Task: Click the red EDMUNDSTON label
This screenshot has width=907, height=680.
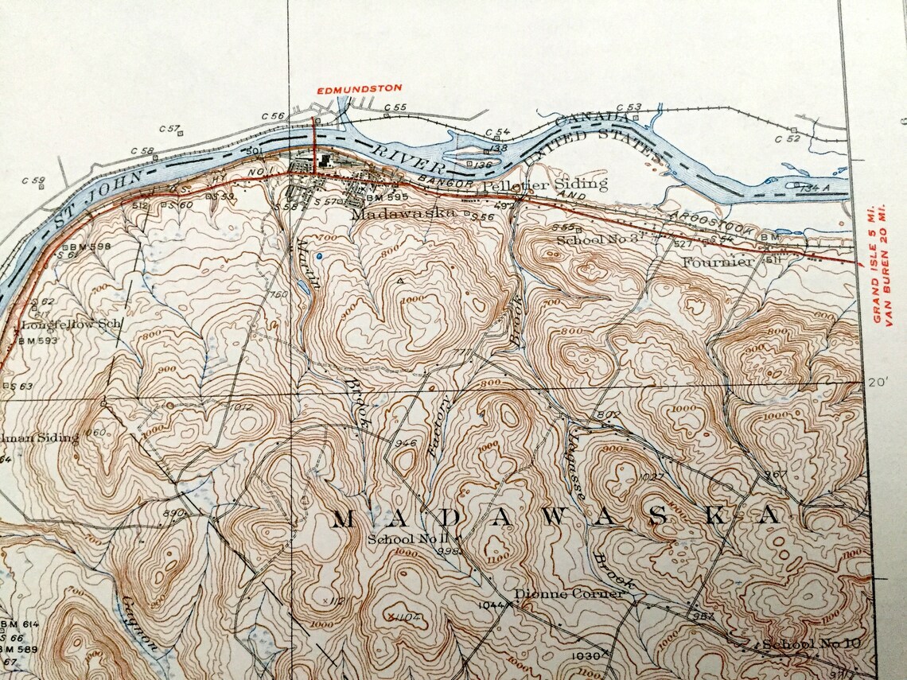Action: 359,88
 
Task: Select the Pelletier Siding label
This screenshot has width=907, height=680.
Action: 546,185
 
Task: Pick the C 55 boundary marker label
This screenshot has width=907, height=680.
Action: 395,107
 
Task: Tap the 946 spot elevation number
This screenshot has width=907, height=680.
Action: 404,443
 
